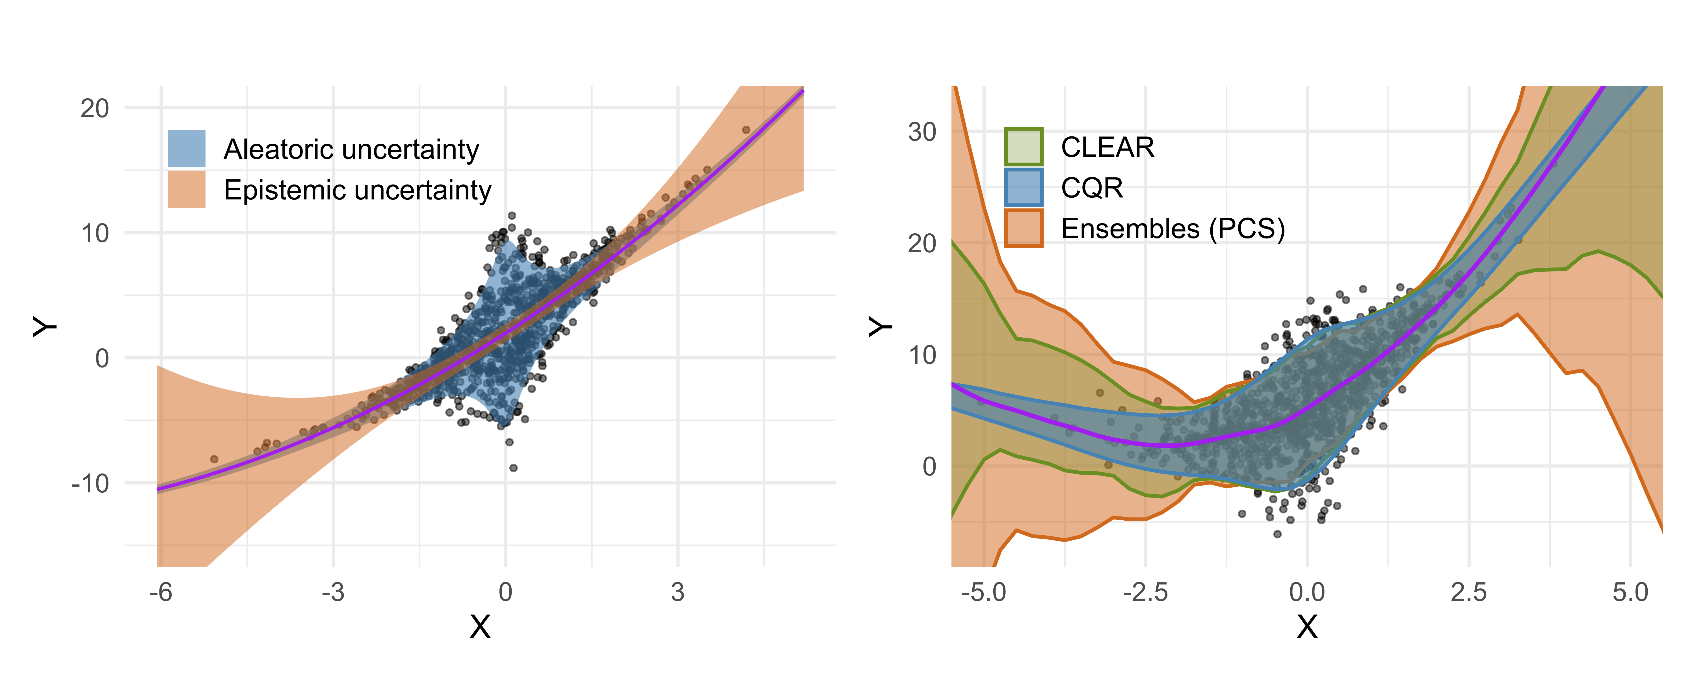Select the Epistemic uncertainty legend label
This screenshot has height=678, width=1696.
[x=358, y=190]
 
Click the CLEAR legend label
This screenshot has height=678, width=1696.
[x=1107, y=147]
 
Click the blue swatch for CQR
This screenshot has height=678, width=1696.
[x=1024, y=188]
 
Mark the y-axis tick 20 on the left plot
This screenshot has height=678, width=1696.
[x=95, y=108]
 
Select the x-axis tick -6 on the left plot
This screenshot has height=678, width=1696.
[x=161, y=592]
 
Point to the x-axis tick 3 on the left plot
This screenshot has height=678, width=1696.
[x=678, y=592]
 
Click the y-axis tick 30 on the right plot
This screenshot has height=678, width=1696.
[x=922, y=132]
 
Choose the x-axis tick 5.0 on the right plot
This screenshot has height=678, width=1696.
[x=1630, y=592]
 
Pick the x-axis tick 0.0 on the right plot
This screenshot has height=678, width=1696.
[x=1307, y=592]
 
